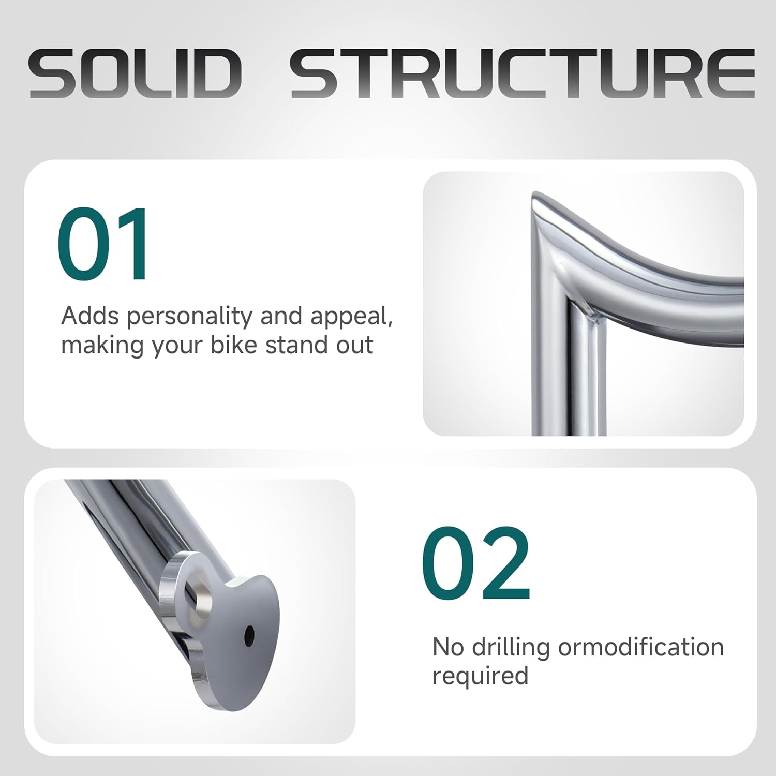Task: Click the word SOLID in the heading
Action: [x=135, y=73]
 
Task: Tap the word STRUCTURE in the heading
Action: [x=523, y=73]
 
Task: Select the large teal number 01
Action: [x=102, y=243]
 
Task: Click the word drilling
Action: [x=511, y=648]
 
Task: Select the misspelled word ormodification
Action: [x=641, y=647]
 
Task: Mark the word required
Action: [x=480, y=677]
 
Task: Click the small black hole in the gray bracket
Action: [x=249, y=635]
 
